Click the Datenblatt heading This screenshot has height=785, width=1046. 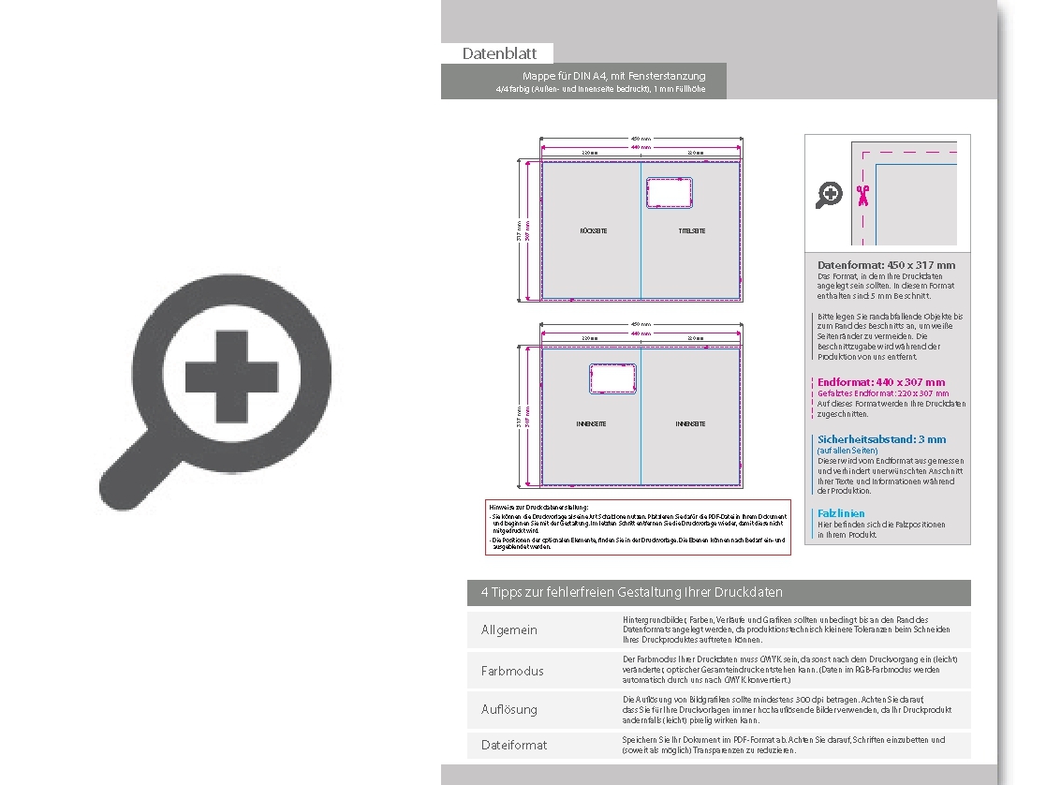[498, 53]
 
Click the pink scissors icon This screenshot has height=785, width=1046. [862, 195]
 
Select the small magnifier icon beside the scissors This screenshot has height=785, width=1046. [829, 195]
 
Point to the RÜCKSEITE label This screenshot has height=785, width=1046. [593, 230]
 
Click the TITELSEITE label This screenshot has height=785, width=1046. [691, 230]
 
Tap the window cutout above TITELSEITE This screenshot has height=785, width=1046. [669, 193]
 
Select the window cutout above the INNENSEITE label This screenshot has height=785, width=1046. [612, 378]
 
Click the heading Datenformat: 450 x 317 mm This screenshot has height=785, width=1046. [886, 265]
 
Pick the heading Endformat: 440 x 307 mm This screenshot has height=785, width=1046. [881, 382]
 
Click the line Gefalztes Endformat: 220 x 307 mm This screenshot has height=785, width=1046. [870, 393]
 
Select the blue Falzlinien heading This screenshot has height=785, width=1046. [841, 513]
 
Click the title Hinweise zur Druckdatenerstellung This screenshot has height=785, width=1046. [538, 507]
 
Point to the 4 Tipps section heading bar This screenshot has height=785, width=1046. [718, 592]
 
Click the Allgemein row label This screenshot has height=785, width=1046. [508, 629]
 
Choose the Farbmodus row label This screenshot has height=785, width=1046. [511, 671]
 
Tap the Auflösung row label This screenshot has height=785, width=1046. [508, 709]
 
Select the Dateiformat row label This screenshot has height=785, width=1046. [513, 745]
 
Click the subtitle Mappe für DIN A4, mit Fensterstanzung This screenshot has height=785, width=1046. [613, 76]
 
